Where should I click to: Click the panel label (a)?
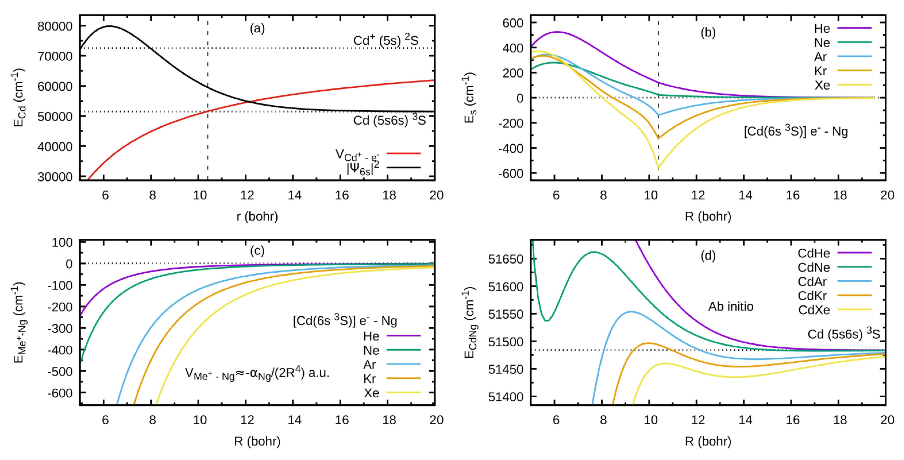tap(257, 28)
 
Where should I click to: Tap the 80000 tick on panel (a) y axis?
tap(55, 26)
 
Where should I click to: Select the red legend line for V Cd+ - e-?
tap(403, 153)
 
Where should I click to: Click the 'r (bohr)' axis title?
tap(257, 216)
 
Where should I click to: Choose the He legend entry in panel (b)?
tap(822, 28)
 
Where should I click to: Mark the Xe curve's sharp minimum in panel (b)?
tap(658, 168)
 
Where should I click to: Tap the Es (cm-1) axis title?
tap(470, 98)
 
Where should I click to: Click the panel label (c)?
tap(257, 251)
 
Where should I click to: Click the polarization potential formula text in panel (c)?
tap(257, 374)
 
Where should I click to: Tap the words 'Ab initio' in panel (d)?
tap(731, 307)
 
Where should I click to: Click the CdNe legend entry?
tap(813, 267)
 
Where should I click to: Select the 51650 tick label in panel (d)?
tap(506, 260)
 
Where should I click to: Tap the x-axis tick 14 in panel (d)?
tap(745, 420)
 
